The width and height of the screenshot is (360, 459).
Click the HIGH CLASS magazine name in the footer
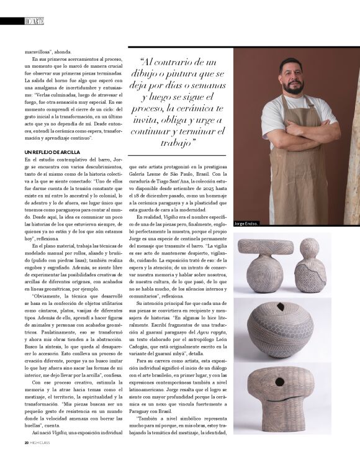(43, 442)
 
